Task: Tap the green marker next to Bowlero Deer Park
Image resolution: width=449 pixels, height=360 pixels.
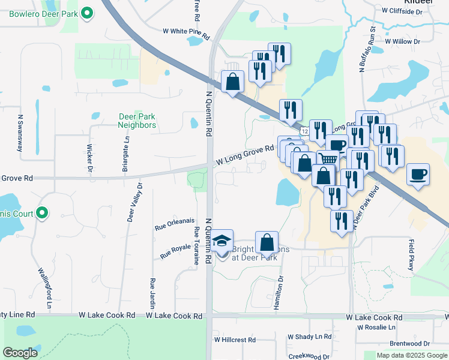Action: (x=88, y=12)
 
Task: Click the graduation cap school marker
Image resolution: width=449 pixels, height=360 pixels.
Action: (x=222, y=242)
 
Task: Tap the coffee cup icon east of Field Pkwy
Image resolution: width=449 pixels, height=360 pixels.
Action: (x=418, y=174)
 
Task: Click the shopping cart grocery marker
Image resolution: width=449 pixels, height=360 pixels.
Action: (x=328, y=160)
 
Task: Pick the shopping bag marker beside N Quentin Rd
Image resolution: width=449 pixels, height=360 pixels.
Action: (x=232, y=81)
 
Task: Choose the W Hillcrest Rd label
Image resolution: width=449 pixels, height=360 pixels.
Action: (x=235, y=340)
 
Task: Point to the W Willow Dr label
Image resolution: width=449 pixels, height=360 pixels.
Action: (x=403, y=42)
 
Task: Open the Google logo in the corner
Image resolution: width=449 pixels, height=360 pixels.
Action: (x=20, y=352)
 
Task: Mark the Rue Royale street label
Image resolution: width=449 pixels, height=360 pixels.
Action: (x=175, y=251)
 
